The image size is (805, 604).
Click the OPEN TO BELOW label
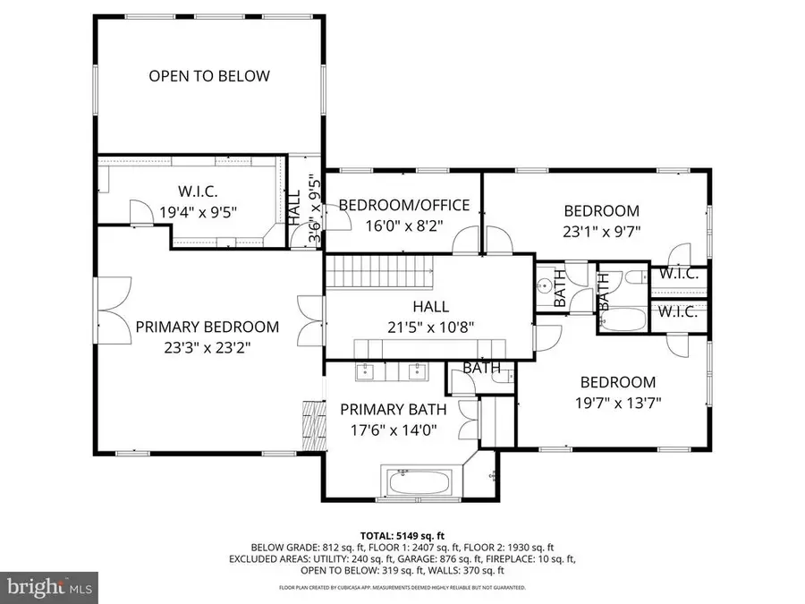click(208, 76)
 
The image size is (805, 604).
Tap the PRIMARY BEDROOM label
click(207, 328)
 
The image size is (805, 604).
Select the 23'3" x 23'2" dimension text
click(207, 348)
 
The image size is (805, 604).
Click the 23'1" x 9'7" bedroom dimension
click(601, 231)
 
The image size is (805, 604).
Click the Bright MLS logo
click(45, 587)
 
